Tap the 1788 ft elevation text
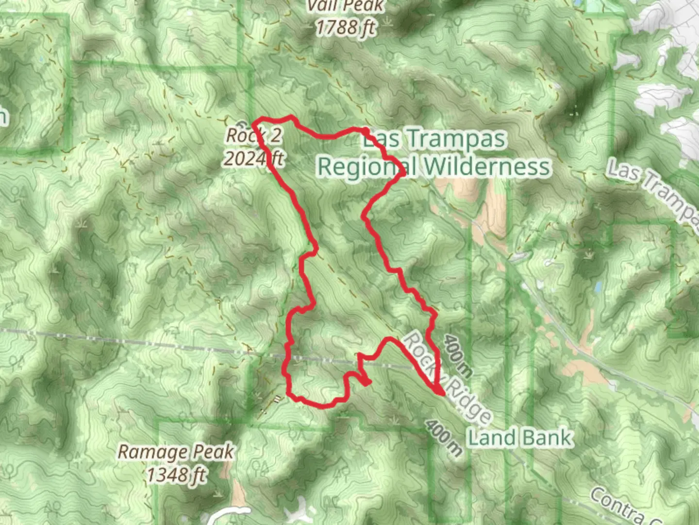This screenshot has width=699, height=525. click(x=346, y=28)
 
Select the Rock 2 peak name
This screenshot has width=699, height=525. click(x=253, y=136)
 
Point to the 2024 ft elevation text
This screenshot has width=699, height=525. click(x=253, y=158)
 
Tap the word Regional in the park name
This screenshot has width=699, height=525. click(x=366, y=167)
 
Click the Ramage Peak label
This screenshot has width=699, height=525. click(x=176, y=452)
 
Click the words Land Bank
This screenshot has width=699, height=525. click(x=519, y=437)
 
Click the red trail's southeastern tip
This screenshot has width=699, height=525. click(x=443, y=393)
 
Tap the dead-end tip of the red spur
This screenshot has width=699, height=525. click(x=368, y=383)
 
